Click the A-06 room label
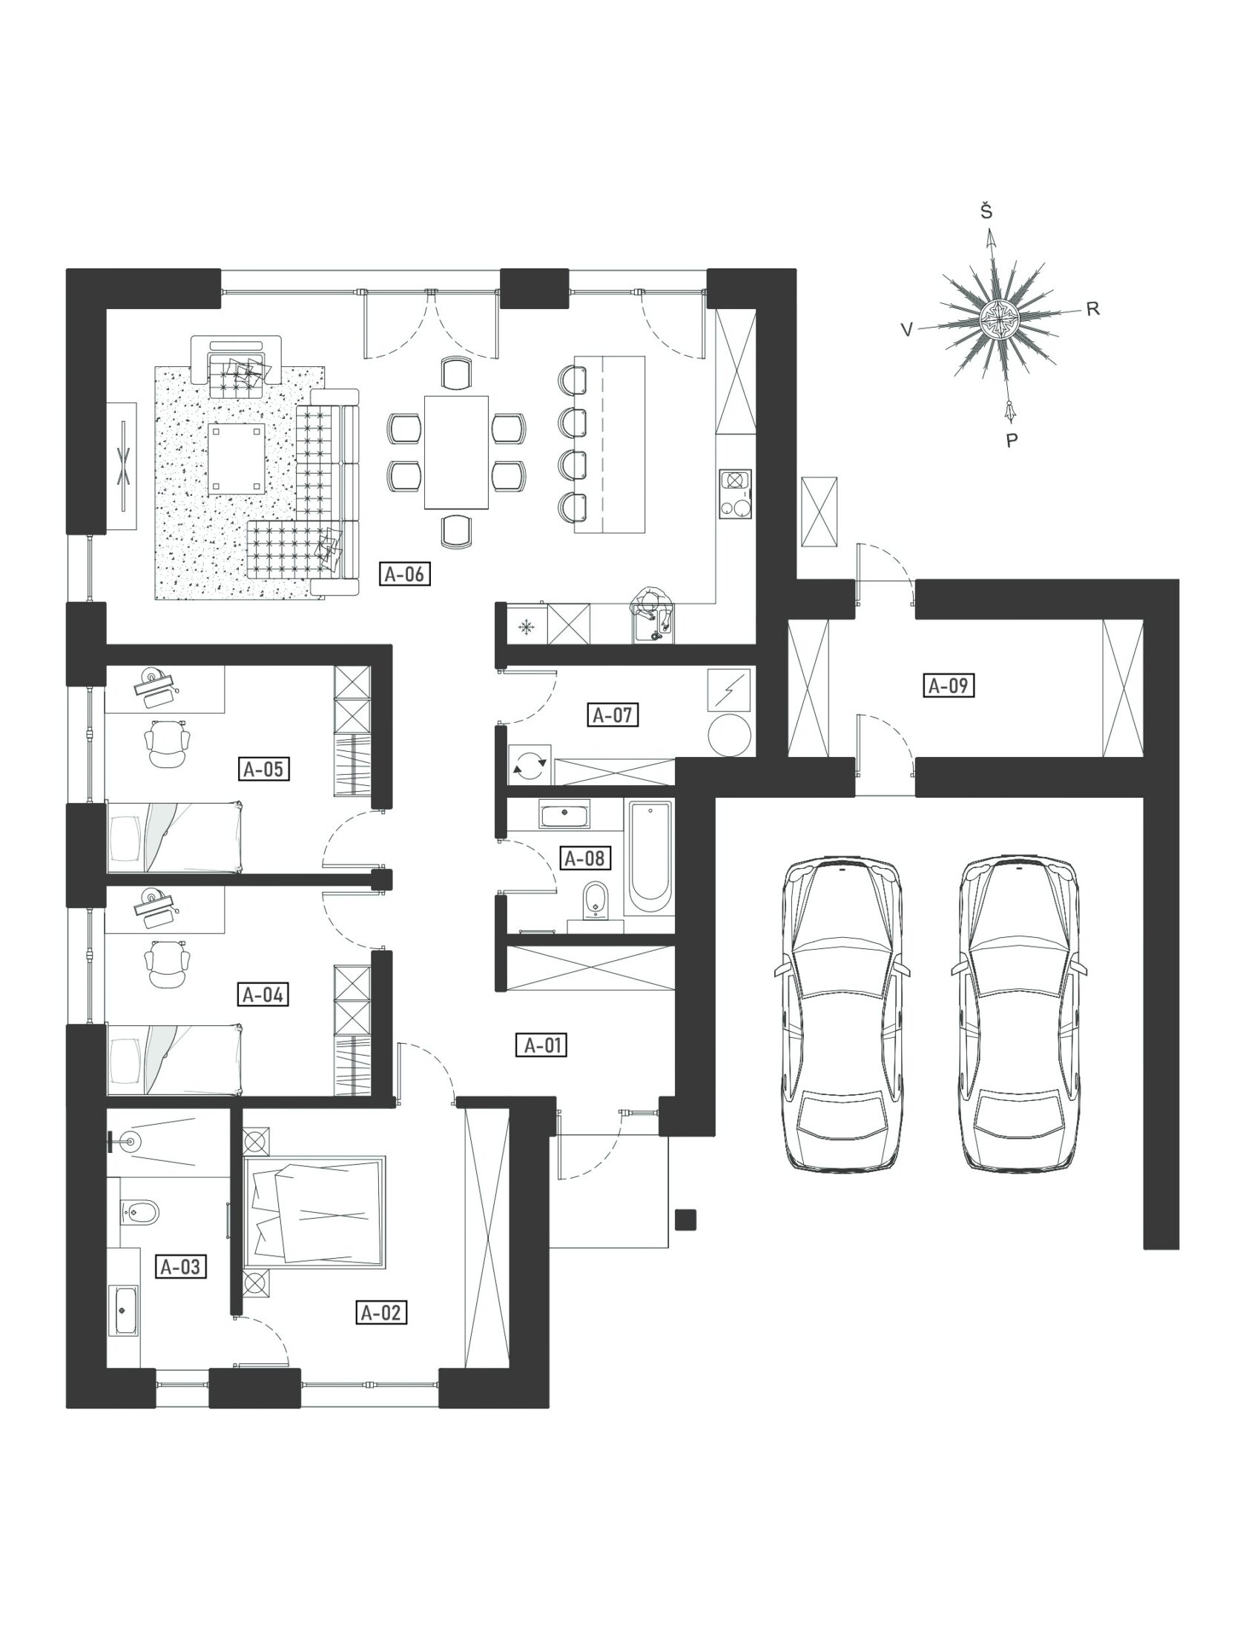(405, 574)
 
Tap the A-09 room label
(949, 686)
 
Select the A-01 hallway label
(541, 1045)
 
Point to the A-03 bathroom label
(181, 1267)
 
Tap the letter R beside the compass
(1092, 310)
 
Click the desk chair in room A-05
(168, 744)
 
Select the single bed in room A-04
(175, 1059)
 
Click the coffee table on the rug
(237, 458)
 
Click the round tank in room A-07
(729, 734)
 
